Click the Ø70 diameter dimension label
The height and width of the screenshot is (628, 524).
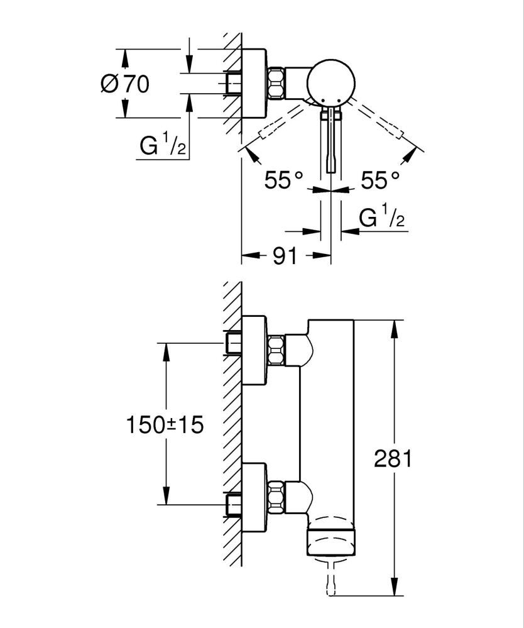[x=125, y=84]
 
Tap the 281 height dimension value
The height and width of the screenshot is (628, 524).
[x=393, y=459]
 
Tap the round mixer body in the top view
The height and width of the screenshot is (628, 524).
[x=331, y=82]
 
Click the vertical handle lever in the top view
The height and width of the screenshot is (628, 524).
[x=331, y=141]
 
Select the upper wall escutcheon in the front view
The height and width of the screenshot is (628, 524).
[x=254, y=350]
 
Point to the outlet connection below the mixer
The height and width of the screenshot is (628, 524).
[x=330, y=579]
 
